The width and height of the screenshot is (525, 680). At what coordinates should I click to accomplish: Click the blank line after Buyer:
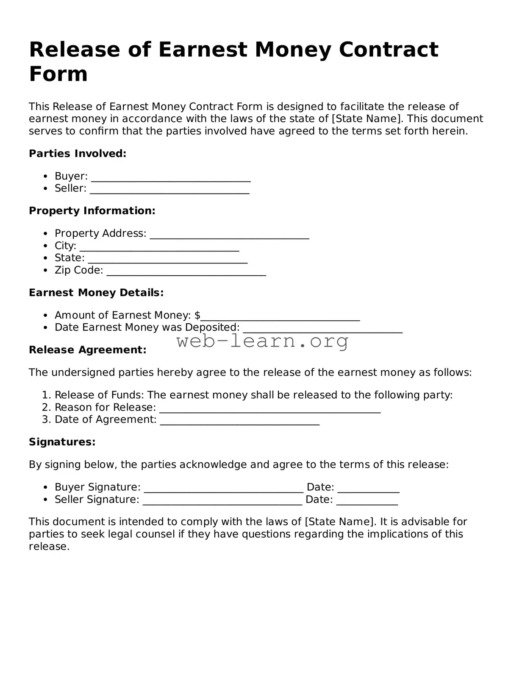171,178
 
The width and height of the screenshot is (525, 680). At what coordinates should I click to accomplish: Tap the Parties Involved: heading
78,154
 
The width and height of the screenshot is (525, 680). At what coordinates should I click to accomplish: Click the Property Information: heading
92,211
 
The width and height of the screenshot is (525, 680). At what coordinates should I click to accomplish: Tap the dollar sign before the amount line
197,315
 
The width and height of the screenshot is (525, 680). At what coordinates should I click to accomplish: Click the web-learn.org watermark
263,341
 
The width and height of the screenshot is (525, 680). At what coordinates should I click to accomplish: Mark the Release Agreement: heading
87,350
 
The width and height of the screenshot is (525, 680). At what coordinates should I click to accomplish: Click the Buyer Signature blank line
223,489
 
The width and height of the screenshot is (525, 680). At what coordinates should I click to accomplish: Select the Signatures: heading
62,442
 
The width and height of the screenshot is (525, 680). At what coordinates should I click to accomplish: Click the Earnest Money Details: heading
96,293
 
